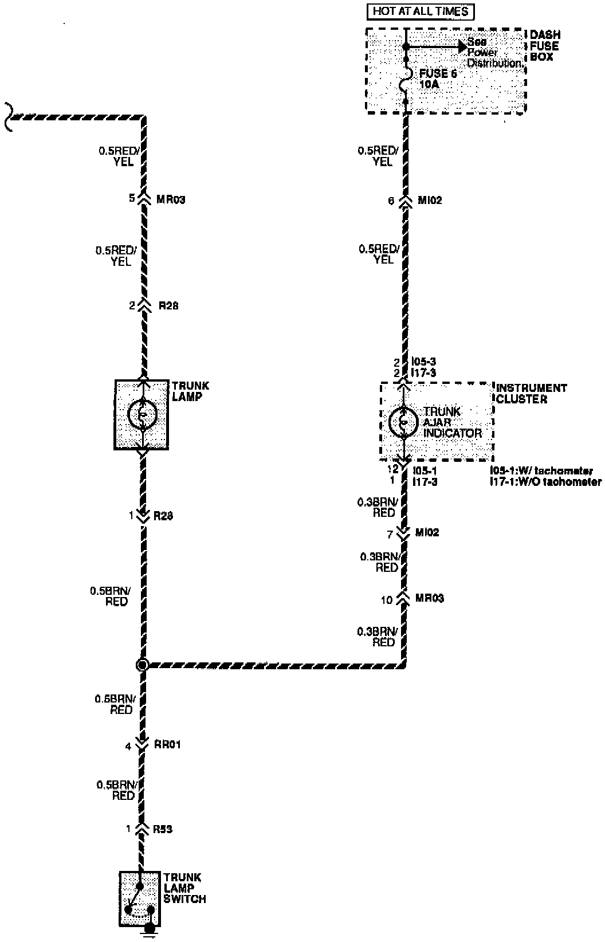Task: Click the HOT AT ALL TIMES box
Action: tap(420, 11)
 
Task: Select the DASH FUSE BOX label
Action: tap(544, 46)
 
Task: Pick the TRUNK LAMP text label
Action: tap(190, 391)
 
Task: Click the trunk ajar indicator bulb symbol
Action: tap(403, 422)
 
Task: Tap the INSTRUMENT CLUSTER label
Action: tap(531, 393)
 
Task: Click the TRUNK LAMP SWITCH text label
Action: tap(184, 888)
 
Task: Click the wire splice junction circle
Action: tap(142, 665)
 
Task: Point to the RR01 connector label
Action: tap(167, 744)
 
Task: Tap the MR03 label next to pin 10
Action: tap(429, 598)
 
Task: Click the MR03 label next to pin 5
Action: tap(171, 199)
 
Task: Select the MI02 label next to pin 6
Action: tap(430, 201)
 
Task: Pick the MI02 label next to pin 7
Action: tap(427, 532)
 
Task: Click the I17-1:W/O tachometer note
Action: tap(545, 482)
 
